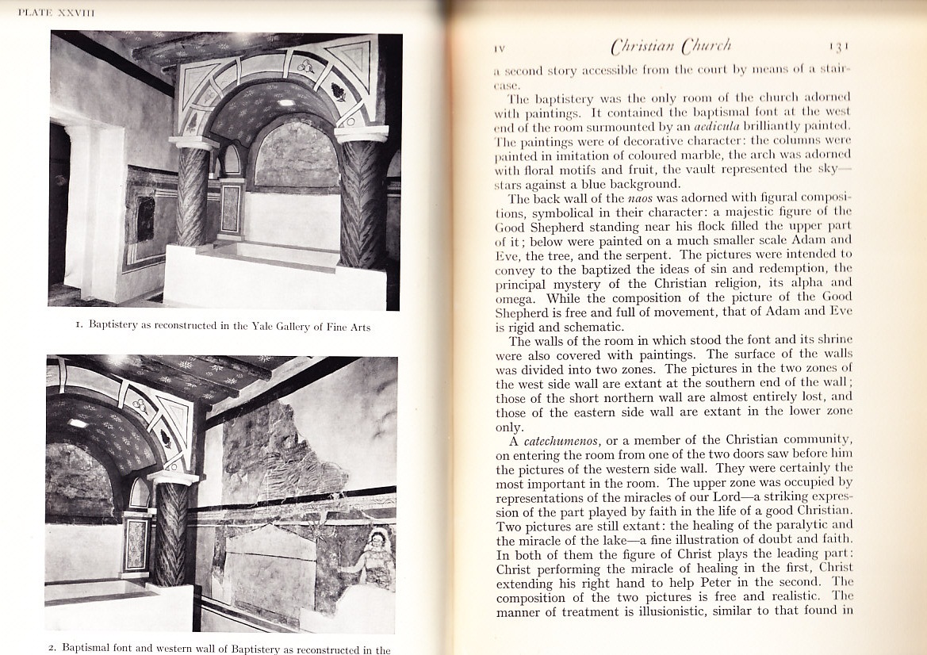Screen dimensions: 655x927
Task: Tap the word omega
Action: (x=515, y=297)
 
